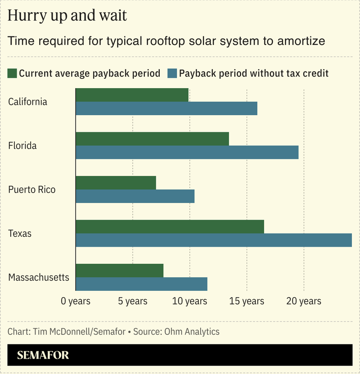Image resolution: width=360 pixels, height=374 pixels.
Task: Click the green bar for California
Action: pos(132,95)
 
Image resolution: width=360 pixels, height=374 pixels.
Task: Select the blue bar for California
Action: pos(166,108)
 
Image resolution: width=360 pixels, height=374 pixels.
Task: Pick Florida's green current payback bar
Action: pos(152,139)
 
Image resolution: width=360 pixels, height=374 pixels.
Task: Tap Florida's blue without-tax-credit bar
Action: pos(187,152)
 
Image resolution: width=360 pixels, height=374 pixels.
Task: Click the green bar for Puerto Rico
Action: pos(116,183)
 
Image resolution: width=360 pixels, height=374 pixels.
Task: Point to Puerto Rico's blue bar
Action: pos(135,196)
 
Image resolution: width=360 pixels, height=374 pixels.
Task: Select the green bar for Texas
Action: pos(170,226)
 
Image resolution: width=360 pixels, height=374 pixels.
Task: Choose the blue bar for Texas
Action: pos(214,240)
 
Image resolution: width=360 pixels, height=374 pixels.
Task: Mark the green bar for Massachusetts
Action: pos(119,270)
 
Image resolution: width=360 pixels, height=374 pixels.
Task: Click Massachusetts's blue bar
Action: pos(141,284)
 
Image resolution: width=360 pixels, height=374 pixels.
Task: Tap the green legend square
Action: pos(13,73)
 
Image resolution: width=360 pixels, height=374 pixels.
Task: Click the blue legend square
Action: pos(172,73)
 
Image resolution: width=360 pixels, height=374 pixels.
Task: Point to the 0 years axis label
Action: pos(76,301)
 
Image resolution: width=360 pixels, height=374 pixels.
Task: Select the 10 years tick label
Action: pos(190,301)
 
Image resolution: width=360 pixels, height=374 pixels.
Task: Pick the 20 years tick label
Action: pos(304,301)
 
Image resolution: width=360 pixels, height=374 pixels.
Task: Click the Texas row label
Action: pos(20,234)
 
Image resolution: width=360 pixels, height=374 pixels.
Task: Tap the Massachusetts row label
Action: pos(39,277)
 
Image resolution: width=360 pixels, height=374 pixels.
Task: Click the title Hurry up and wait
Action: pos(67,16)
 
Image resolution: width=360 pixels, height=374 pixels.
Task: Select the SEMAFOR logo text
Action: pos(43,355)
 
